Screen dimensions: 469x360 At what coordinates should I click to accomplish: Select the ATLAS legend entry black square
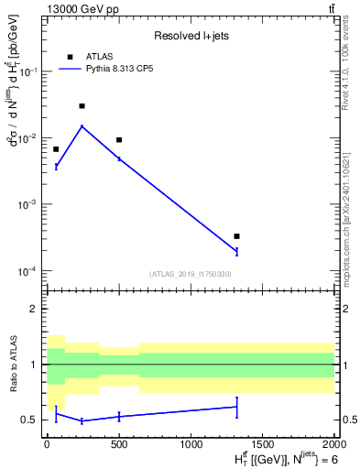[x=71, y=56]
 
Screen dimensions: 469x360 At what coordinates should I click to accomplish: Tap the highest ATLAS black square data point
[x=82, y=106]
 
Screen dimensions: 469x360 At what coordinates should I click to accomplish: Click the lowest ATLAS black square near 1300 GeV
[x=236, y=236]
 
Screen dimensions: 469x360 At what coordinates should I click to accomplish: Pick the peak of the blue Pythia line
[x=82, y=126]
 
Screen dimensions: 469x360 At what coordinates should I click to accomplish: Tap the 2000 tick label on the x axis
[x=333, y=444]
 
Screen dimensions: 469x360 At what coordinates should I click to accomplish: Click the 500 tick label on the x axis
[x=119, y=444]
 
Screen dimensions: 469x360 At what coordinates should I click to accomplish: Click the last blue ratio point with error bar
[x=236, y=407]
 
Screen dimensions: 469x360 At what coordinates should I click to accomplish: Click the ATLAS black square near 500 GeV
[x=119, y=140]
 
